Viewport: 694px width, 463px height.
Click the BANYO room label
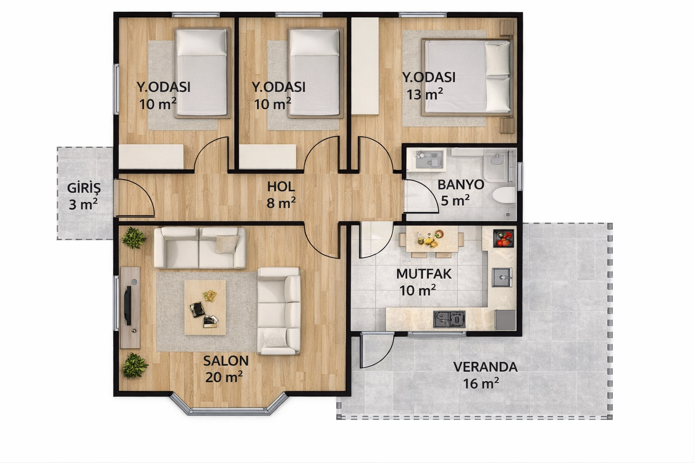pos(461,184)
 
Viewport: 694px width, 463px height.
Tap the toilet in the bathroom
pos(504,195)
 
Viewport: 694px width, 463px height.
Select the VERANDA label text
pos(485,367)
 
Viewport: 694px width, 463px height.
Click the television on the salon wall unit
pos(128,306)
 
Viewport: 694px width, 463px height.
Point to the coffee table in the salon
pos(205,307)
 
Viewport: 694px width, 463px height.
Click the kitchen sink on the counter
pos(502,277)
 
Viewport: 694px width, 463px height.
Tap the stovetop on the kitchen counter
pos(449,319)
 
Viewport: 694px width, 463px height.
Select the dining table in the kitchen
pos(431,239)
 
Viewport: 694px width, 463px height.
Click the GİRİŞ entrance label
pos(84,188)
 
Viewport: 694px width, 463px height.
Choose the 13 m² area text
pos(424,94)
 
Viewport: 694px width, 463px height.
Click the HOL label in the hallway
pos(281,187)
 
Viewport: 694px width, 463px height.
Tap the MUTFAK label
pos(423,274)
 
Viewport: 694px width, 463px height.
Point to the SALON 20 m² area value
pos(224,377)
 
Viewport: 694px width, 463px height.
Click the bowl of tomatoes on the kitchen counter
pos(503,238)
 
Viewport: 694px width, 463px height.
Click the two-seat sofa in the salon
pos(200,248)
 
